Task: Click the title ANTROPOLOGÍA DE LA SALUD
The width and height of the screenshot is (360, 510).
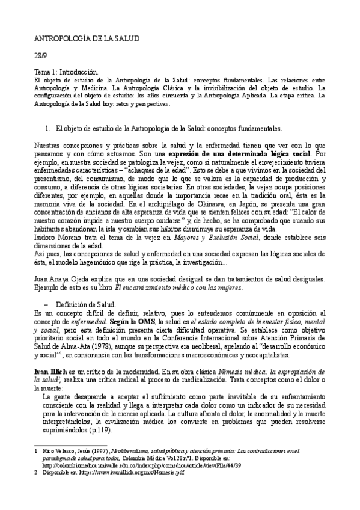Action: (x=87, y=38)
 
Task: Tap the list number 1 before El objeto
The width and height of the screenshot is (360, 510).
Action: (x=48, y=129)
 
